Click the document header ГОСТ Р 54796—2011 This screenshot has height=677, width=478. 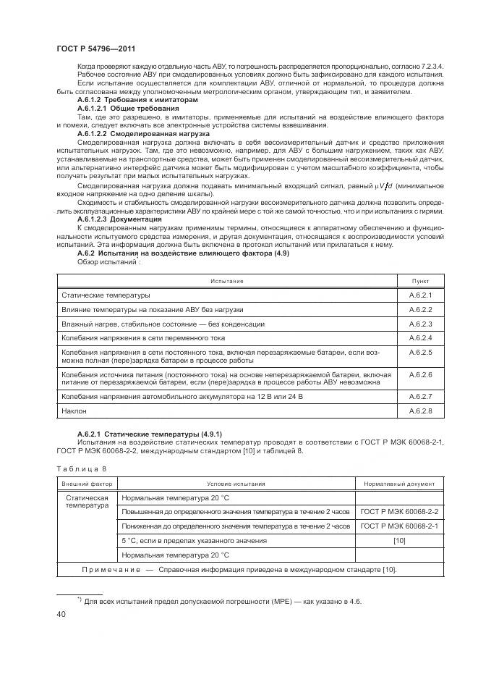(93, 48)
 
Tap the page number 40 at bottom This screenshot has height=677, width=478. (61, 614)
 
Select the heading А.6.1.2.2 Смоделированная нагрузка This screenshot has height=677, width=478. (143, 134)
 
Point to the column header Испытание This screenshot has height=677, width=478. (227, 280)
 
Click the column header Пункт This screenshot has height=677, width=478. (420, 280)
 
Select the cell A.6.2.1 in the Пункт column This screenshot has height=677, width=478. (420, 295)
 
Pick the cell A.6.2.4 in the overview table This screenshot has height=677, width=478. (420, 338)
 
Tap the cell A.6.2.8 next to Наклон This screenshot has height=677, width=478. (420, 411)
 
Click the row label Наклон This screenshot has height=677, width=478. (74, 411)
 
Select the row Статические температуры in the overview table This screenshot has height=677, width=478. (106, 295)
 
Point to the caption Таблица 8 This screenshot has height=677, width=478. (81, 468)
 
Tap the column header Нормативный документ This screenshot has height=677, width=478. (399, 483)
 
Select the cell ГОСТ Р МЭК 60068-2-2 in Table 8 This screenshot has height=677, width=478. (399, 512)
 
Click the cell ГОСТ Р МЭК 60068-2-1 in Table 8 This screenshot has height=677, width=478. (399, 526)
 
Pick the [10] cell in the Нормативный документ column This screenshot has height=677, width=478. (399, 540)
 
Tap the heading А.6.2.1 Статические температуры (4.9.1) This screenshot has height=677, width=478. (144, 433)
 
